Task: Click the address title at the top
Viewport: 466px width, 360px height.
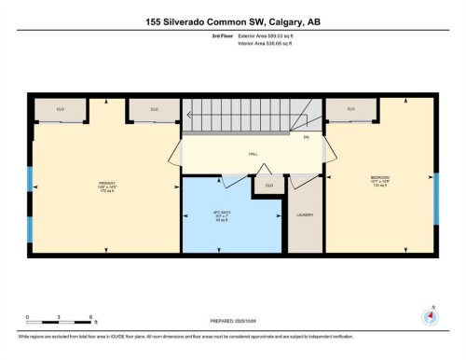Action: coord(233,20)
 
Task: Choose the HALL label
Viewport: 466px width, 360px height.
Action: coord(253,154)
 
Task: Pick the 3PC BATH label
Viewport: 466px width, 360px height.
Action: coord(222,216)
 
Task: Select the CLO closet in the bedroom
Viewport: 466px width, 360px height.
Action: coord(350,110)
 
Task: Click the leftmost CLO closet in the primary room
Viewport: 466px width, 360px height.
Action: coord(62,110)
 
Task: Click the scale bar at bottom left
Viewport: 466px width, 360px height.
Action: coord(58,321)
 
